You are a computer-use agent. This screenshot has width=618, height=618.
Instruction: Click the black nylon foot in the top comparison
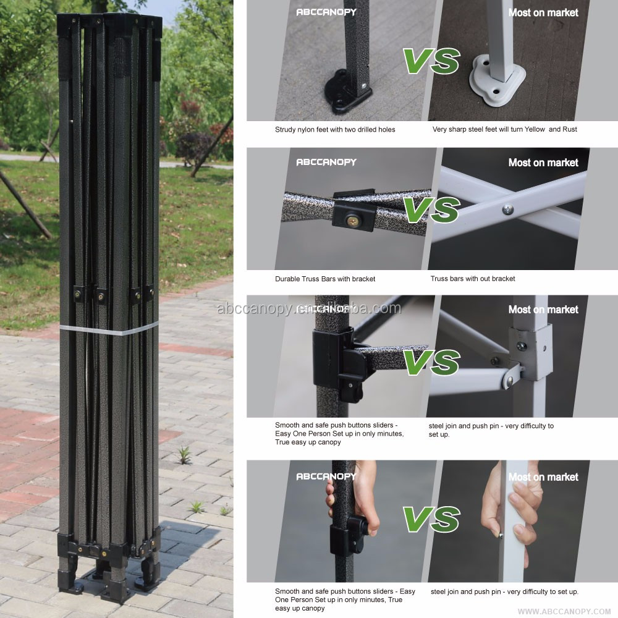click(x=346, y=93)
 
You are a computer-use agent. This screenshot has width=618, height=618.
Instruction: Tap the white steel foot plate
click(x=497, y=80)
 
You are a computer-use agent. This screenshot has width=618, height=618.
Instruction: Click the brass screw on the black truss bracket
click(x=352, y=221)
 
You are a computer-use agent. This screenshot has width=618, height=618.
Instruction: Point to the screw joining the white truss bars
click(x=508, y=209)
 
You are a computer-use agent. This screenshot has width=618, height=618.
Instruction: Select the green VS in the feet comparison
click(x=431, y=61)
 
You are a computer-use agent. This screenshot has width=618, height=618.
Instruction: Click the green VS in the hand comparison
click(x=431, y=519)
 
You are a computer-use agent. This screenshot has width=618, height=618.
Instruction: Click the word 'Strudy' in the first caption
click(x=285, y=130)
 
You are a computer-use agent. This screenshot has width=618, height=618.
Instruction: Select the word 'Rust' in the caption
click(x=570, y=129)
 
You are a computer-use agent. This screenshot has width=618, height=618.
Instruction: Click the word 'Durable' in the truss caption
click(x=287, y=279)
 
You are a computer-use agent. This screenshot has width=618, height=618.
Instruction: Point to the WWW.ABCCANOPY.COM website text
click(x=564, y=611)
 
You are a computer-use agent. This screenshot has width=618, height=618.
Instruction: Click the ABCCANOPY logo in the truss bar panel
click(x=326, y=162)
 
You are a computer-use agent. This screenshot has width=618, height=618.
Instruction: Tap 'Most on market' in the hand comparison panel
click(x=543, y=477)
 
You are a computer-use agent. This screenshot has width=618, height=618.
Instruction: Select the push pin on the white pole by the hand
click(x=501, y=535)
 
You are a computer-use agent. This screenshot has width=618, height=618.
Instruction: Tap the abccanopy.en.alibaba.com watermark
click(x=309, y=308)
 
